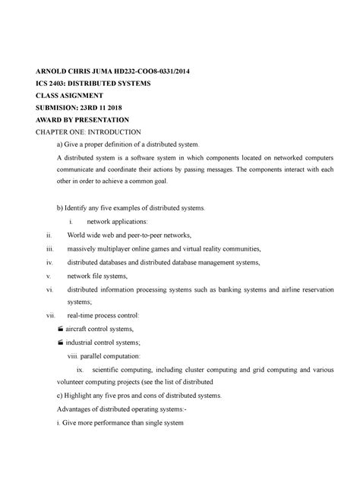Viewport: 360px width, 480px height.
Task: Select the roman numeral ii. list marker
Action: click(50, 235)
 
